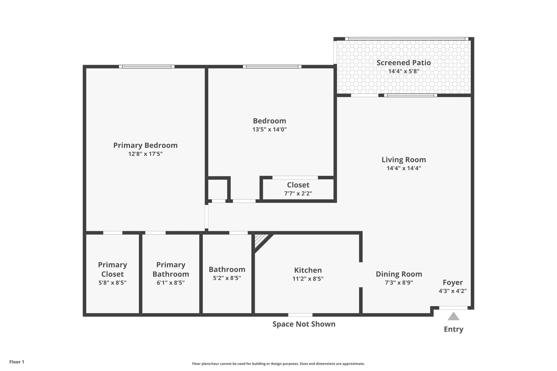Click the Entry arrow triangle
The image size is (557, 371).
tap(453, 316)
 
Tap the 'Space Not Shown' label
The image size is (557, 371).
tap(304, 324)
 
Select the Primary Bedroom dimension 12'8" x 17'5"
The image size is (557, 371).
tap(145, 154)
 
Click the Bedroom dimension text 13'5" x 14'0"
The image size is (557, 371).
tap(270, 130)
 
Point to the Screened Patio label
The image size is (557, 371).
tap(404, 63)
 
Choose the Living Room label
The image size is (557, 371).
tap(404, 159)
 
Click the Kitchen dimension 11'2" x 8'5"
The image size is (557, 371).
tap(308, 279)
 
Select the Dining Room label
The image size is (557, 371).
tap(399, 274)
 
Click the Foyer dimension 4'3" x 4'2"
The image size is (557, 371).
tap(452, 291)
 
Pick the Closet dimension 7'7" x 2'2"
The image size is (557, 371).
tap(298, 193)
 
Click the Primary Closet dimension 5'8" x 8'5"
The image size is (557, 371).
tap(112, 282)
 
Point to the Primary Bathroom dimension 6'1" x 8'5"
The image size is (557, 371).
tap(171, 282)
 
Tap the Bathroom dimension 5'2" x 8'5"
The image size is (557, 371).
tap(227, 278)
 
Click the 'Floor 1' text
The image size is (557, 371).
tap(17, 362)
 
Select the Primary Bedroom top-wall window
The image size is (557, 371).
tap(147, 67)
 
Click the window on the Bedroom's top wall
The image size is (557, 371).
tap(272, 67)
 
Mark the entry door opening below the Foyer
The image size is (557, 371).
tap(453, 308)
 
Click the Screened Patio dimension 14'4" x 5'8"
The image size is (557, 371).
tap(404, 71)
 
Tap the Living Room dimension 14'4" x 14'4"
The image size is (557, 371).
tap(404, 168)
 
